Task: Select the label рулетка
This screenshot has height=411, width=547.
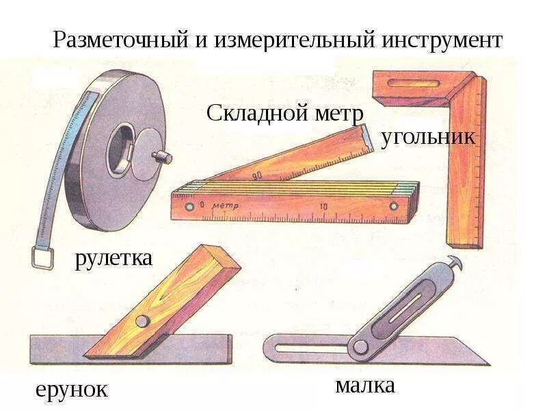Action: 114,259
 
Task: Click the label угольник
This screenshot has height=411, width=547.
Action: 428,136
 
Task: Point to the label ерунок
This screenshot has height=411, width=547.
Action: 72,390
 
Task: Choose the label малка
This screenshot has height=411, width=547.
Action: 365,385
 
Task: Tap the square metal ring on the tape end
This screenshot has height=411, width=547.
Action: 42,258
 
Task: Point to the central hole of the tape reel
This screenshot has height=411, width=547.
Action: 123,148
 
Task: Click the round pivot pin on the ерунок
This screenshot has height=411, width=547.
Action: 142,320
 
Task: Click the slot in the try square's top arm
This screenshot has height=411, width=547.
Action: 407,84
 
